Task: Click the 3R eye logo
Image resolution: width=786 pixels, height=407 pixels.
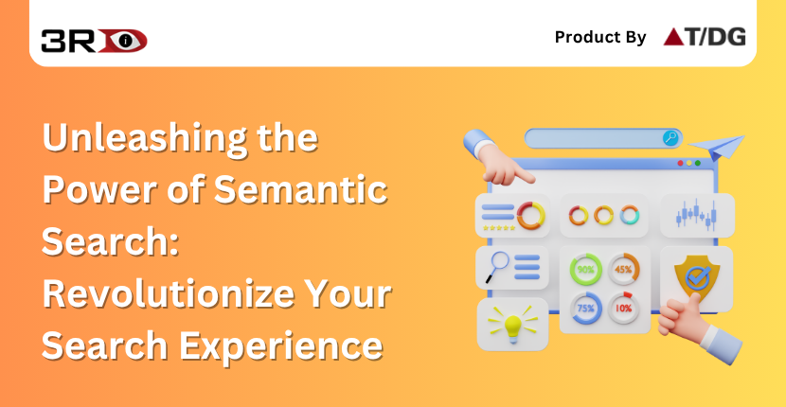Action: coord(94,40)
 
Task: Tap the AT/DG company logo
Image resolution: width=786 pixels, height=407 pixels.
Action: coord(704,37)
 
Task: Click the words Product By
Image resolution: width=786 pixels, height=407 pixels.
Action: coord(600,38)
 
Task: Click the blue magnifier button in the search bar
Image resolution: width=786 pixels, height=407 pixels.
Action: coord(670,138)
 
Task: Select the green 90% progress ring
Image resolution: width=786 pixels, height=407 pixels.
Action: coord(586,269)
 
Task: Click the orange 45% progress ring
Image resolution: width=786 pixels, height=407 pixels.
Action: coord(623,269)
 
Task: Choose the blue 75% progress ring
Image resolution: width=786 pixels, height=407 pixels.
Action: coord(586,309)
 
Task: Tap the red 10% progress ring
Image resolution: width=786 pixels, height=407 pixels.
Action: coord(623,309)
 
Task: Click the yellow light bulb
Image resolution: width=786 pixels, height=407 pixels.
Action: coord(512,325)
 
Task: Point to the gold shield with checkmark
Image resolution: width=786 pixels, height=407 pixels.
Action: coord(696,278)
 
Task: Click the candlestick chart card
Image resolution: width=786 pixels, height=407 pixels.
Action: coord(696,215)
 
